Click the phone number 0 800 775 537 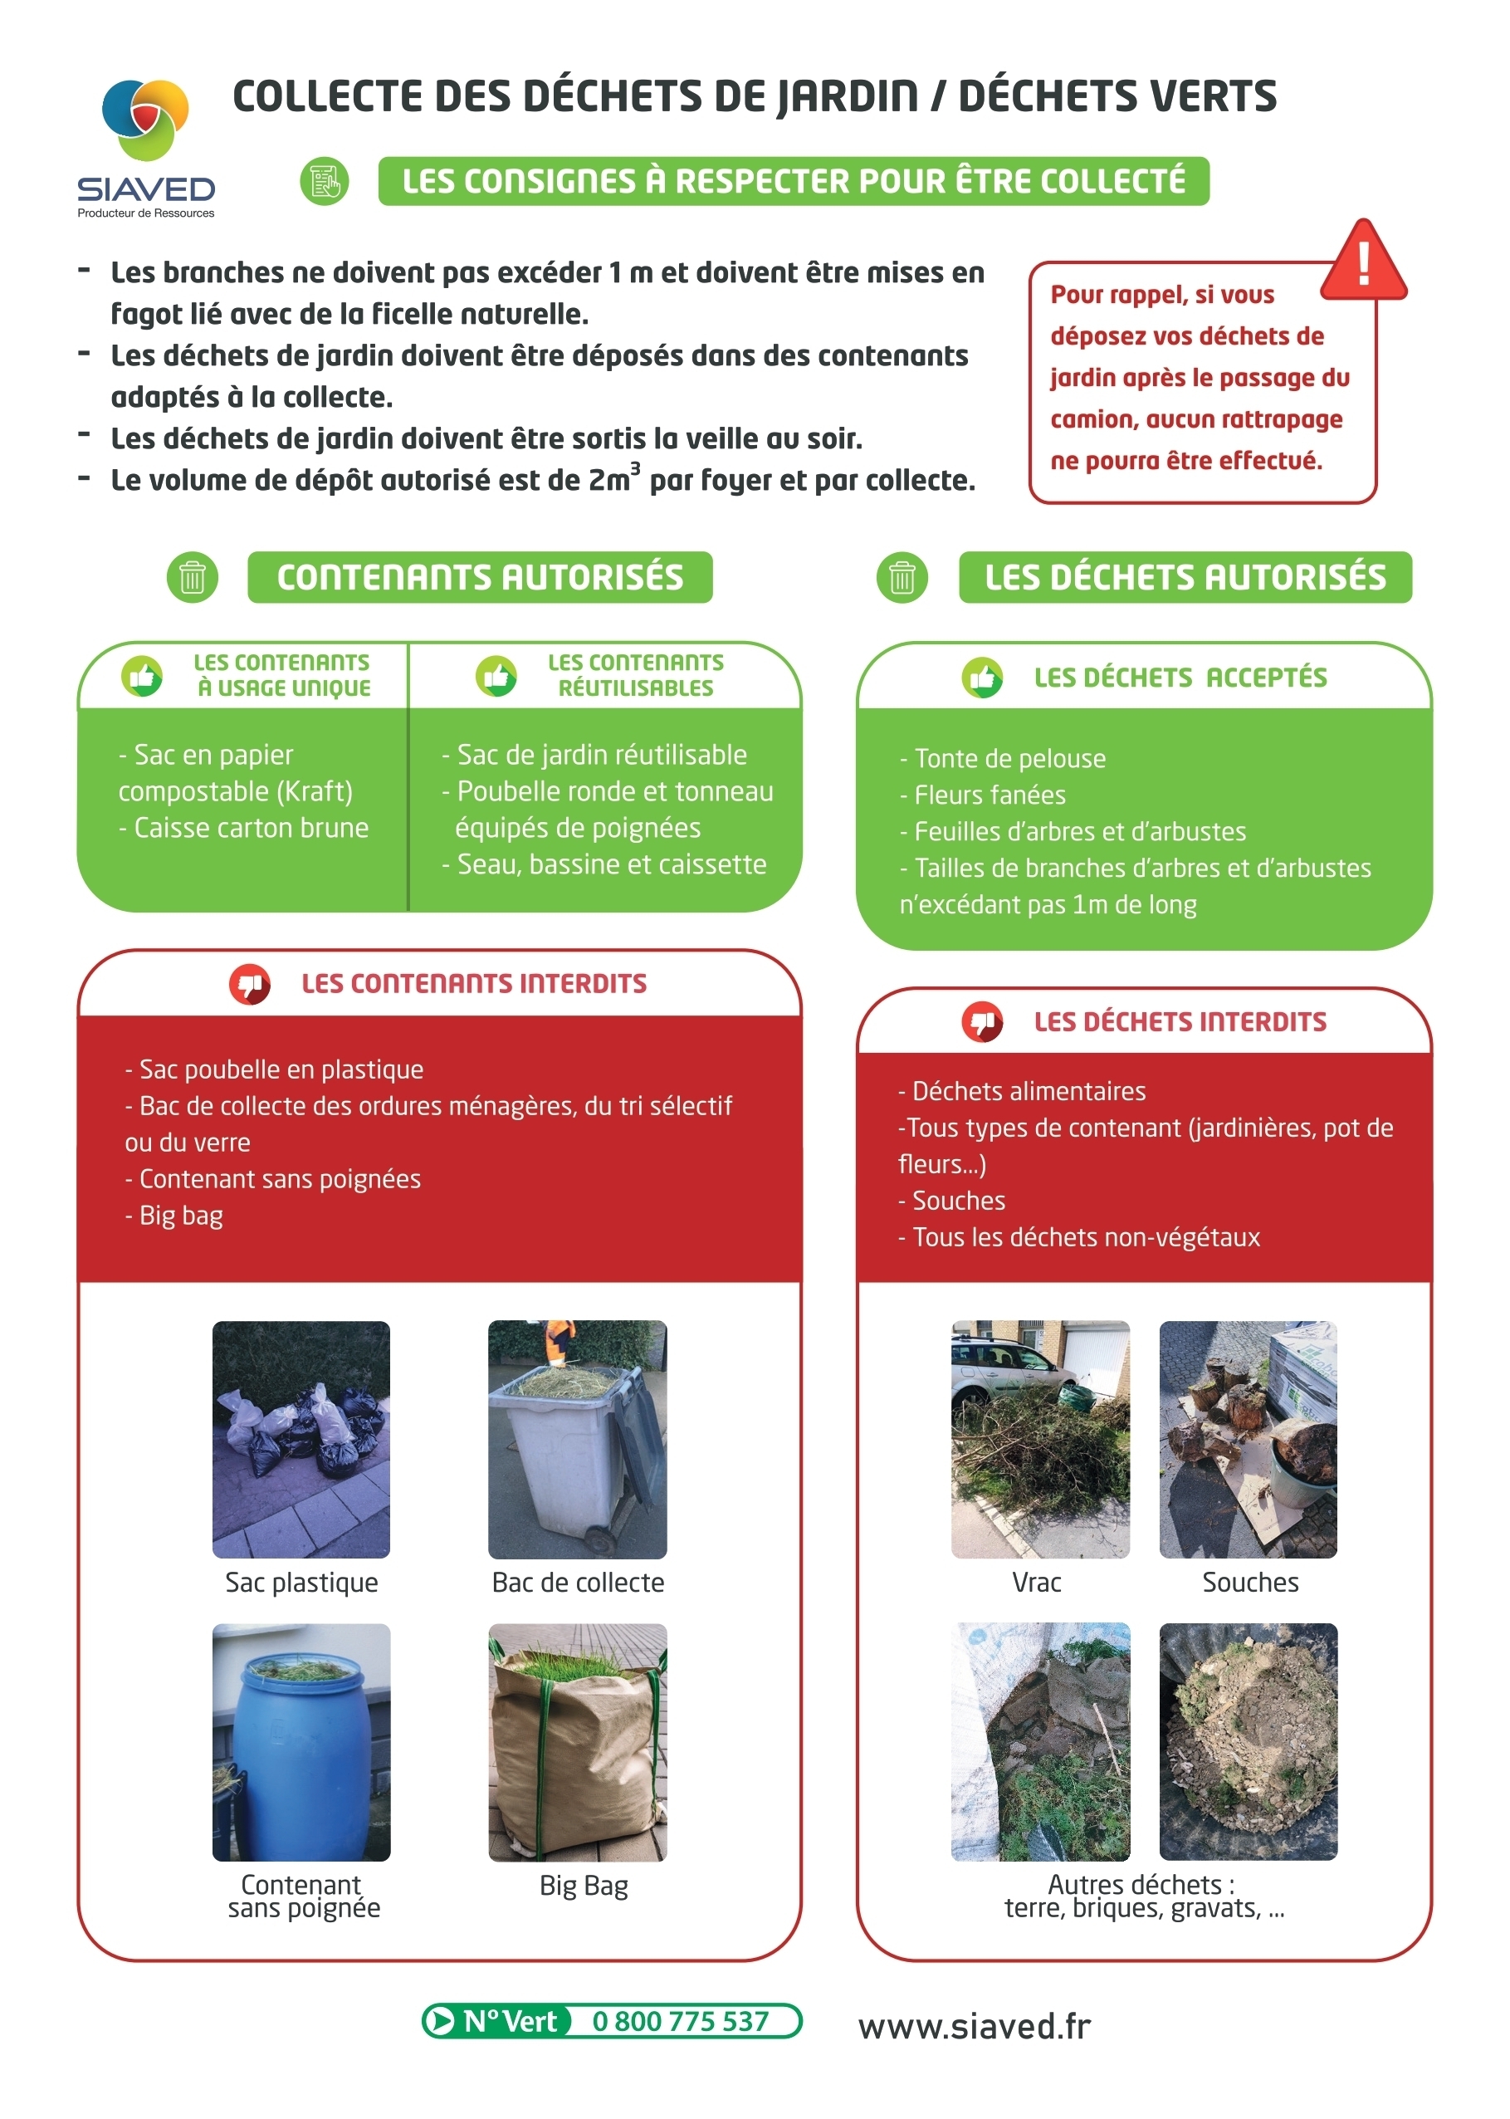point(680,2020)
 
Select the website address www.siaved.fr point(974,2025)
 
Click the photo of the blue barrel point(301,1740)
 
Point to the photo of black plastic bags point(301,1438)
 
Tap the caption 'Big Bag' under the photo point(583,1885)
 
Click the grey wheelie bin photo point(578,1438)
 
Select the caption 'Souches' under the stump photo point(1249,1582)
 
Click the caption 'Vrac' point(1036,1582)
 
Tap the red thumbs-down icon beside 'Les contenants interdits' point(249,983)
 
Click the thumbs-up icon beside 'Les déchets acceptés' point(982,678)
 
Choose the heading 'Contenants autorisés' point(480,577)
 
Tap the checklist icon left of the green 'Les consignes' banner point(324,180)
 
